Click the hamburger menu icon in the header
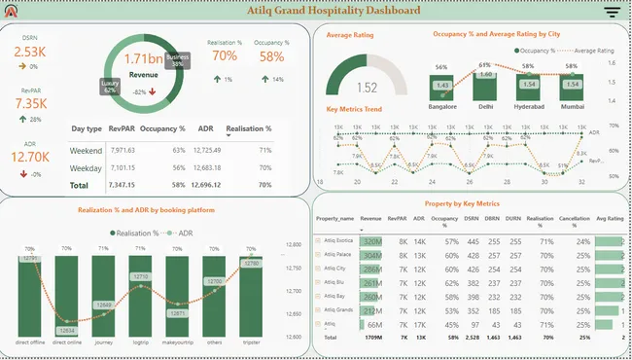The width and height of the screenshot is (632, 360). (x=612, y=13)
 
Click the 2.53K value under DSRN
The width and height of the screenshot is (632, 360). (x=29, y=53)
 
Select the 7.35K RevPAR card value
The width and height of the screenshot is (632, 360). (x=29, y=104)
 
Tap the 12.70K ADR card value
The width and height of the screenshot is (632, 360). (x=29, y=156)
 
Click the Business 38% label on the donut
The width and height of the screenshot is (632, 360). (x=178, y=61)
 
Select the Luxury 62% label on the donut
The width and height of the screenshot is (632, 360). (x=112, y=88)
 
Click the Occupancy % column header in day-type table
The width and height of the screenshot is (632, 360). (x=162, y=129)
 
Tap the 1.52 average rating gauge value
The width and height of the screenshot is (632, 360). (x=367, y=87)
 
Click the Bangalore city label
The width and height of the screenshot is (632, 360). (x=442, y=106)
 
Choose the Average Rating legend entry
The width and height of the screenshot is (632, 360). (x=592, y=49)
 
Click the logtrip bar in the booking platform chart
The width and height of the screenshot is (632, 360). (x=139, y=297)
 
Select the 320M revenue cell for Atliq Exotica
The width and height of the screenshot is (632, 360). (x=370, y=239)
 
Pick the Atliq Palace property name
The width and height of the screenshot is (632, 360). (x=339, y=253)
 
